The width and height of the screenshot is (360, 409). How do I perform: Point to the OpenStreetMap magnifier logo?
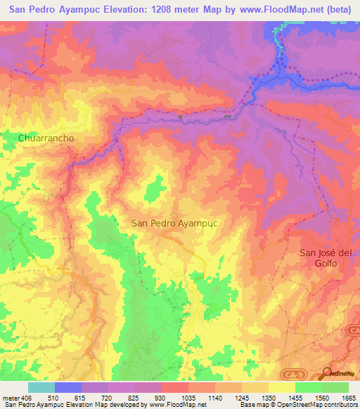tap(327, 374)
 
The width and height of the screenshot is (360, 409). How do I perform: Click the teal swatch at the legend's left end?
tap(41, 387)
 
